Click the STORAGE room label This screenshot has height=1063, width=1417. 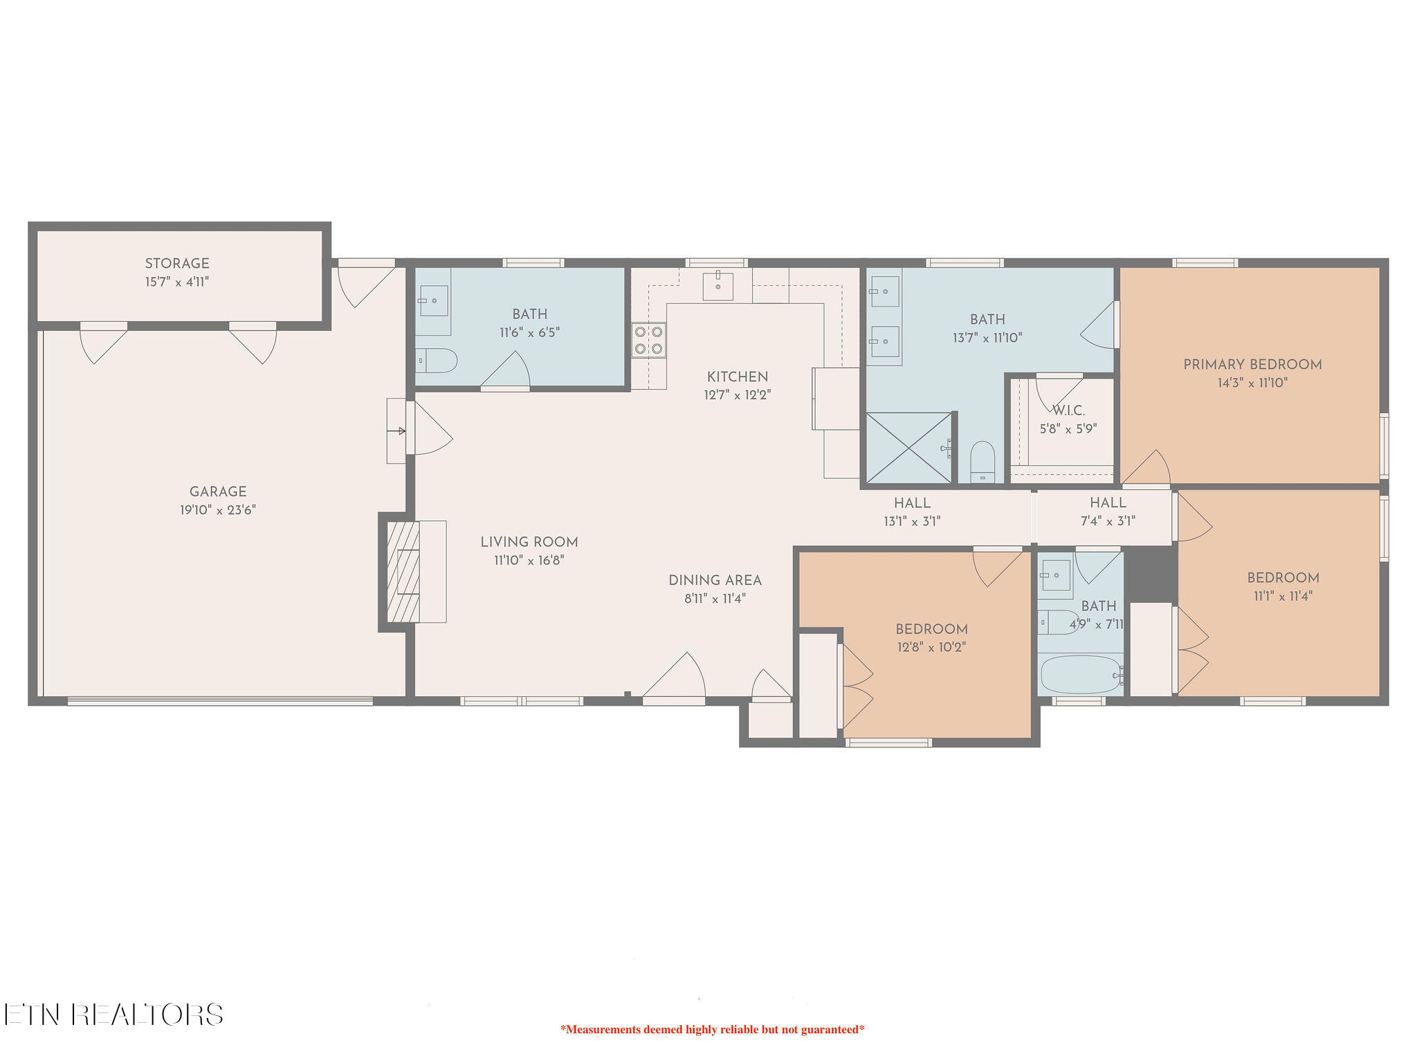177,264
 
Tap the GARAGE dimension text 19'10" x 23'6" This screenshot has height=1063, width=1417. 218,510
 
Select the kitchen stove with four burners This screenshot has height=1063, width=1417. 648,340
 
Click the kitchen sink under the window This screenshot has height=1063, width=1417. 718,286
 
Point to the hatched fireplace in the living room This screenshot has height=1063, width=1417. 403,572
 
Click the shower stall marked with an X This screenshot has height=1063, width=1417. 908,448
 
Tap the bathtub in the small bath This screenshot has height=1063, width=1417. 1080,675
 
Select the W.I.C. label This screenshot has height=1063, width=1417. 1068,410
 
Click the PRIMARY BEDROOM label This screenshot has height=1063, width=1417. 1252,365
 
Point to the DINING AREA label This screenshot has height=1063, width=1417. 715,581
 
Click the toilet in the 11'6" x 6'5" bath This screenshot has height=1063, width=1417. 437,361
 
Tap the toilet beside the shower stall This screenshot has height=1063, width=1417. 982,461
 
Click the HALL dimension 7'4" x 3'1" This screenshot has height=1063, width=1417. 1108,521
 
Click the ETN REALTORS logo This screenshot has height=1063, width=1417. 113,1015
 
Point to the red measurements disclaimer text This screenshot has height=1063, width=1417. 712,1029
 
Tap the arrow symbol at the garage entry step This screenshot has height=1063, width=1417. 397,431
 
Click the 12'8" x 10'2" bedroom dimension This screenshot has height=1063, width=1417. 931,647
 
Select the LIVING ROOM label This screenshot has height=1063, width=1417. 529,543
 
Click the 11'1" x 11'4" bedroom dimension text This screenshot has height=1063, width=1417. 1283,596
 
